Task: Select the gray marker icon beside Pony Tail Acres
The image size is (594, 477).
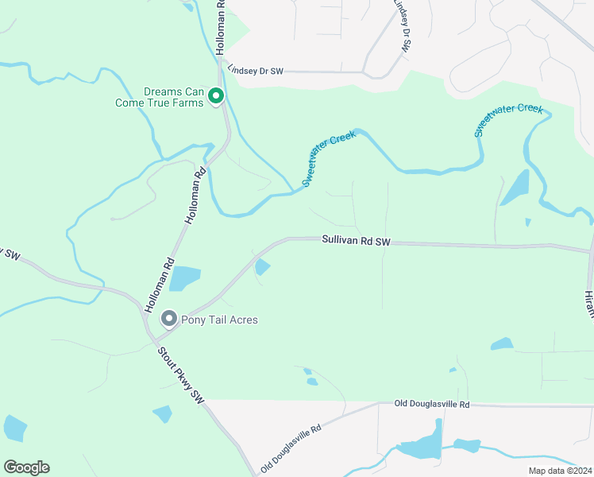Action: [x=168, y=320]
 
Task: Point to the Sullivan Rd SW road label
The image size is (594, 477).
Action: [x=357, y=240]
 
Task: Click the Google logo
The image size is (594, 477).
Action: [x=27, y=467]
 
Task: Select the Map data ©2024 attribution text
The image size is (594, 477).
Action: [x=559, y=471]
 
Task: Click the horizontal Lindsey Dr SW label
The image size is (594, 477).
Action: [x=255, y=72]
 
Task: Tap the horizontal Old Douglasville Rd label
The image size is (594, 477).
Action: [x=432, y=405]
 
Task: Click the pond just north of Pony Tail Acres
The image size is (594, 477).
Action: [x=184, y=278]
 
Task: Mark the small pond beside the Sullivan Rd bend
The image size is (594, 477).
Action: [x=261, y=268]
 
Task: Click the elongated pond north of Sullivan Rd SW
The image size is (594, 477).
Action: [x=515, y=188]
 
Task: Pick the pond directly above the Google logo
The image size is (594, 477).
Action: [x=14, y=428]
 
